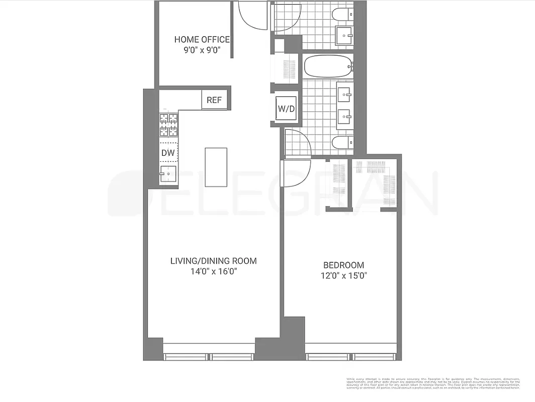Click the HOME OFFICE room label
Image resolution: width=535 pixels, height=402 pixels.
pos(202,39)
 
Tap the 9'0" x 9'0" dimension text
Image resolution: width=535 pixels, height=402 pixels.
pos(202,50)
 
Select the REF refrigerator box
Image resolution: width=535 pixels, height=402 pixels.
pos(214,100)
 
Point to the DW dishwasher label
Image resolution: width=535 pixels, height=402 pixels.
pos(167,152)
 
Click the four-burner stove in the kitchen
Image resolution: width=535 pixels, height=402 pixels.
pos(168,125)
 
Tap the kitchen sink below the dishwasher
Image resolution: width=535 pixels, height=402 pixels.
pos(168,174)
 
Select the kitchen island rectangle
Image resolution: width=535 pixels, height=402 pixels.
pos(216,167)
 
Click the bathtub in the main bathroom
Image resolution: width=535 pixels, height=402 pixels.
pos(327,66)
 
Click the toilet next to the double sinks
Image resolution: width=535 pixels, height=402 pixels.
pos(342,143)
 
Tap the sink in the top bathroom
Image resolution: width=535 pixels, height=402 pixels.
pos(345,36)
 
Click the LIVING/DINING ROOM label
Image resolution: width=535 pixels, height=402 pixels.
pos(214,261)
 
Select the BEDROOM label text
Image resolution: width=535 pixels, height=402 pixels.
pos(343,265)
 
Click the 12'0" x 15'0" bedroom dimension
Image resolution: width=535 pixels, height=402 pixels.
pos(343,276)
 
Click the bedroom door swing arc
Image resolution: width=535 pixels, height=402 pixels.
pos(297,173)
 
